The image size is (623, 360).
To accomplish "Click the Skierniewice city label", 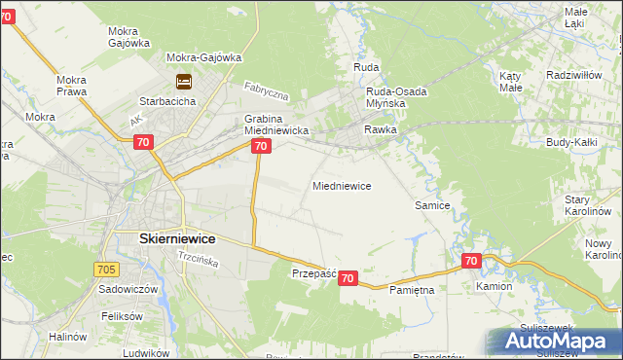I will (x=164, y=238).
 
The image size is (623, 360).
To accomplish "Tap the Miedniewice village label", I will (x=341, y=185).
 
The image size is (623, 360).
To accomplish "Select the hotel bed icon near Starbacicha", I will (x=183, y=81).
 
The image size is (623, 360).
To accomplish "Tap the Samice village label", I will (x=431, y=205).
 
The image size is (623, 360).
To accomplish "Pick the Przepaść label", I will (x=313, y=274).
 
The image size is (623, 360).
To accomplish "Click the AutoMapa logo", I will (x=553, y=341).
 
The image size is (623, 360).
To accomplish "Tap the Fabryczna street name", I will (x=267, y=93).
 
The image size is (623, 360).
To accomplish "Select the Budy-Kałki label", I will (x=572, y=142).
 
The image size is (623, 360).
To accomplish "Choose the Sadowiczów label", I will (x=122, y=290).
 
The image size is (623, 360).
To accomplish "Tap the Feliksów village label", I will (x=122, y=317).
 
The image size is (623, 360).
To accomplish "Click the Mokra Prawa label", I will (x=71, y=86).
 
